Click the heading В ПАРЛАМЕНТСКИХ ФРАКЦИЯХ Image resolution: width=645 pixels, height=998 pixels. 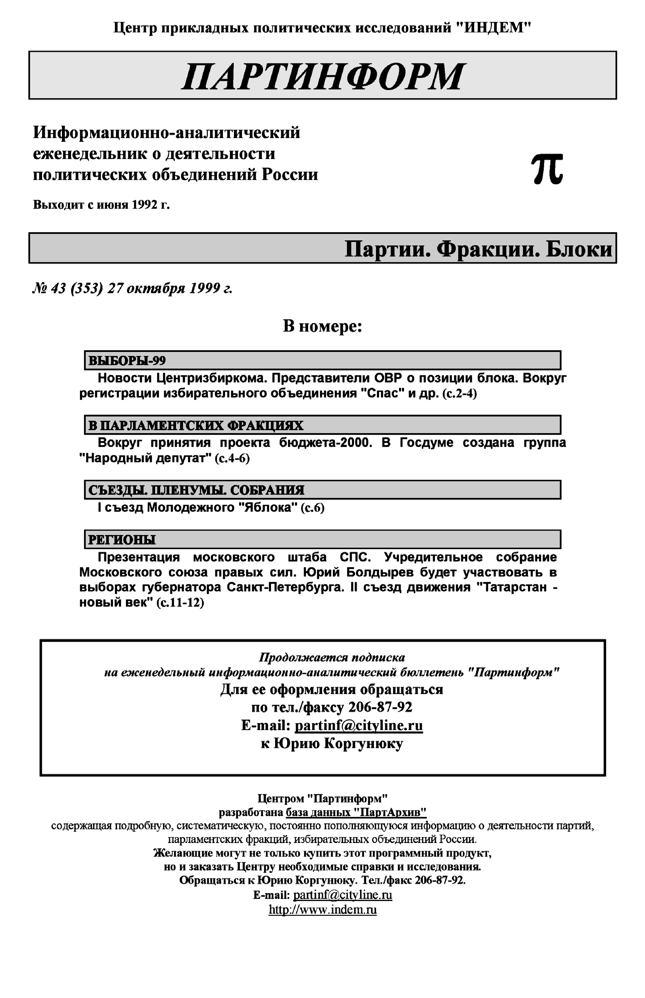pos(196,426)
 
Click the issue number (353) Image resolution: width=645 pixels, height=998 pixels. pos(87,289)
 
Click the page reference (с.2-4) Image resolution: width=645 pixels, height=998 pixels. pos(460,394)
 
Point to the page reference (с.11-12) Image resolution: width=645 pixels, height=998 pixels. pos(180,603)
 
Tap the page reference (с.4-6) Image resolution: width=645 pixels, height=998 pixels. pos(232,458)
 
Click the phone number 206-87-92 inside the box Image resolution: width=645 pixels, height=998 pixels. pos(380,707)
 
